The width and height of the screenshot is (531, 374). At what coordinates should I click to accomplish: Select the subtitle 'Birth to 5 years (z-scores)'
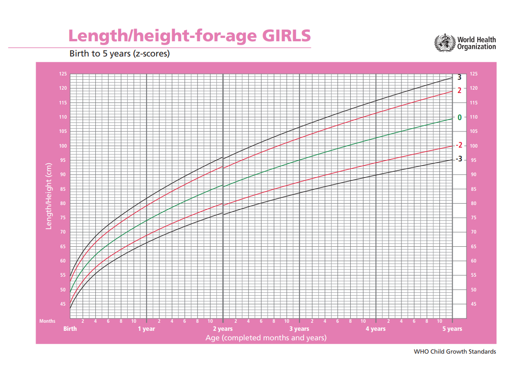pyautogui.click(x=120, y=54)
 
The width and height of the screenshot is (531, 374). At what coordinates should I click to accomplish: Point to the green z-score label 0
pyautogui.click(x=459, y=118)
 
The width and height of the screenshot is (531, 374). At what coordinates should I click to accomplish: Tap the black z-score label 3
pyautogui.click(x=459, y=77)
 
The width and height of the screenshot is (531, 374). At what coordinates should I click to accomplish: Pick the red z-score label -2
pyautogui.click(x=458, y=145)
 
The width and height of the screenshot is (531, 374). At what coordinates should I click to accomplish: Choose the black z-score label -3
pyautogui.click(x=458, y=159)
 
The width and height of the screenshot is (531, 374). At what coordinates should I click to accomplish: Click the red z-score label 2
pyautogui.click(x=459, y=90)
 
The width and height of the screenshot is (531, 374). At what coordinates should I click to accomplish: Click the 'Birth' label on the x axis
pyautogui.click(x=70, y=329)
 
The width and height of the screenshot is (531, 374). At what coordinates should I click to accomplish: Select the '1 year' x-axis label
pyautogui.click(x=147, y=329)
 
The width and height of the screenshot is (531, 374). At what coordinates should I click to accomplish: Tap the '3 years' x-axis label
pyautogui.click(x=299, y=329)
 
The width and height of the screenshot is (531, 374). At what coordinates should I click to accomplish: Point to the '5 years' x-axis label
pyautogui.click(x=452, y=329)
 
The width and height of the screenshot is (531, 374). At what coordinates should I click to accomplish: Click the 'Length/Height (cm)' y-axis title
pyautogui.click(x=48, y=196)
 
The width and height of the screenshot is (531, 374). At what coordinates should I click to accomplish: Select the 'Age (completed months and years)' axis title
pyautogui.click(x=266, y=338)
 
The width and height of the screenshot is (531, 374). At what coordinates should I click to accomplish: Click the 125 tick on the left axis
pyautogui.click(x=63, y=74)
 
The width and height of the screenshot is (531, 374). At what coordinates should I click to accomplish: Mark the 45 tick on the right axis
pyautogui.click(x=474, y=304)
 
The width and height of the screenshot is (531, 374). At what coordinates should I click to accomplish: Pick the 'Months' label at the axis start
pyautogui.click(x=47, y=321)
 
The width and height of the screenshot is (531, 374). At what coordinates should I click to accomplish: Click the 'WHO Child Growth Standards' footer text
pyautogui.click(x=455, y=352)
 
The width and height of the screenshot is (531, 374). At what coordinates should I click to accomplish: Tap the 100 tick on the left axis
pyautogui.click(x=63, y=146)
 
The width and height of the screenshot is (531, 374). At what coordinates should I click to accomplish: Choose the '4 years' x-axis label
pyautogui.click(x=376, y=329)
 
